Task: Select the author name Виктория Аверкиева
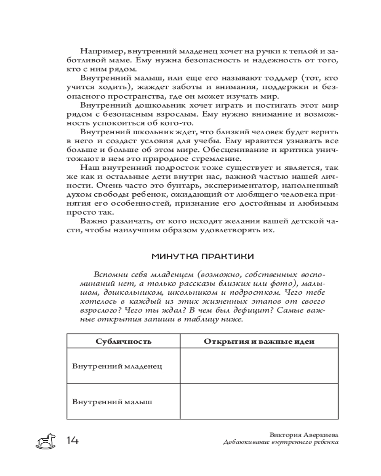pyautogui.click(x=303, y=435)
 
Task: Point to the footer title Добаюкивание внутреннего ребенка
pyautogui.click(x=281, y=443)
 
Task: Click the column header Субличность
pyautogui.click(x=123, y=341)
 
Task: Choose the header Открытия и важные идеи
pyautogui.click(x=259, y=341)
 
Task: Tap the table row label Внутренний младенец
pyautogui.click(x=117, y=367)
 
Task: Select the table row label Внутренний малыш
pyautogui.click(x=112, y=402)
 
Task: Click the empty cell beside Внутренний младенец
pyautogui.click(x=259, y=367)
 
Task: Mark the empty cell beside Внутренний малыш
pyautogui.click(x=259, y=402)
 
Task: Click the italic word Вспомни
pyautogui.click(x=110, y=276)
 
